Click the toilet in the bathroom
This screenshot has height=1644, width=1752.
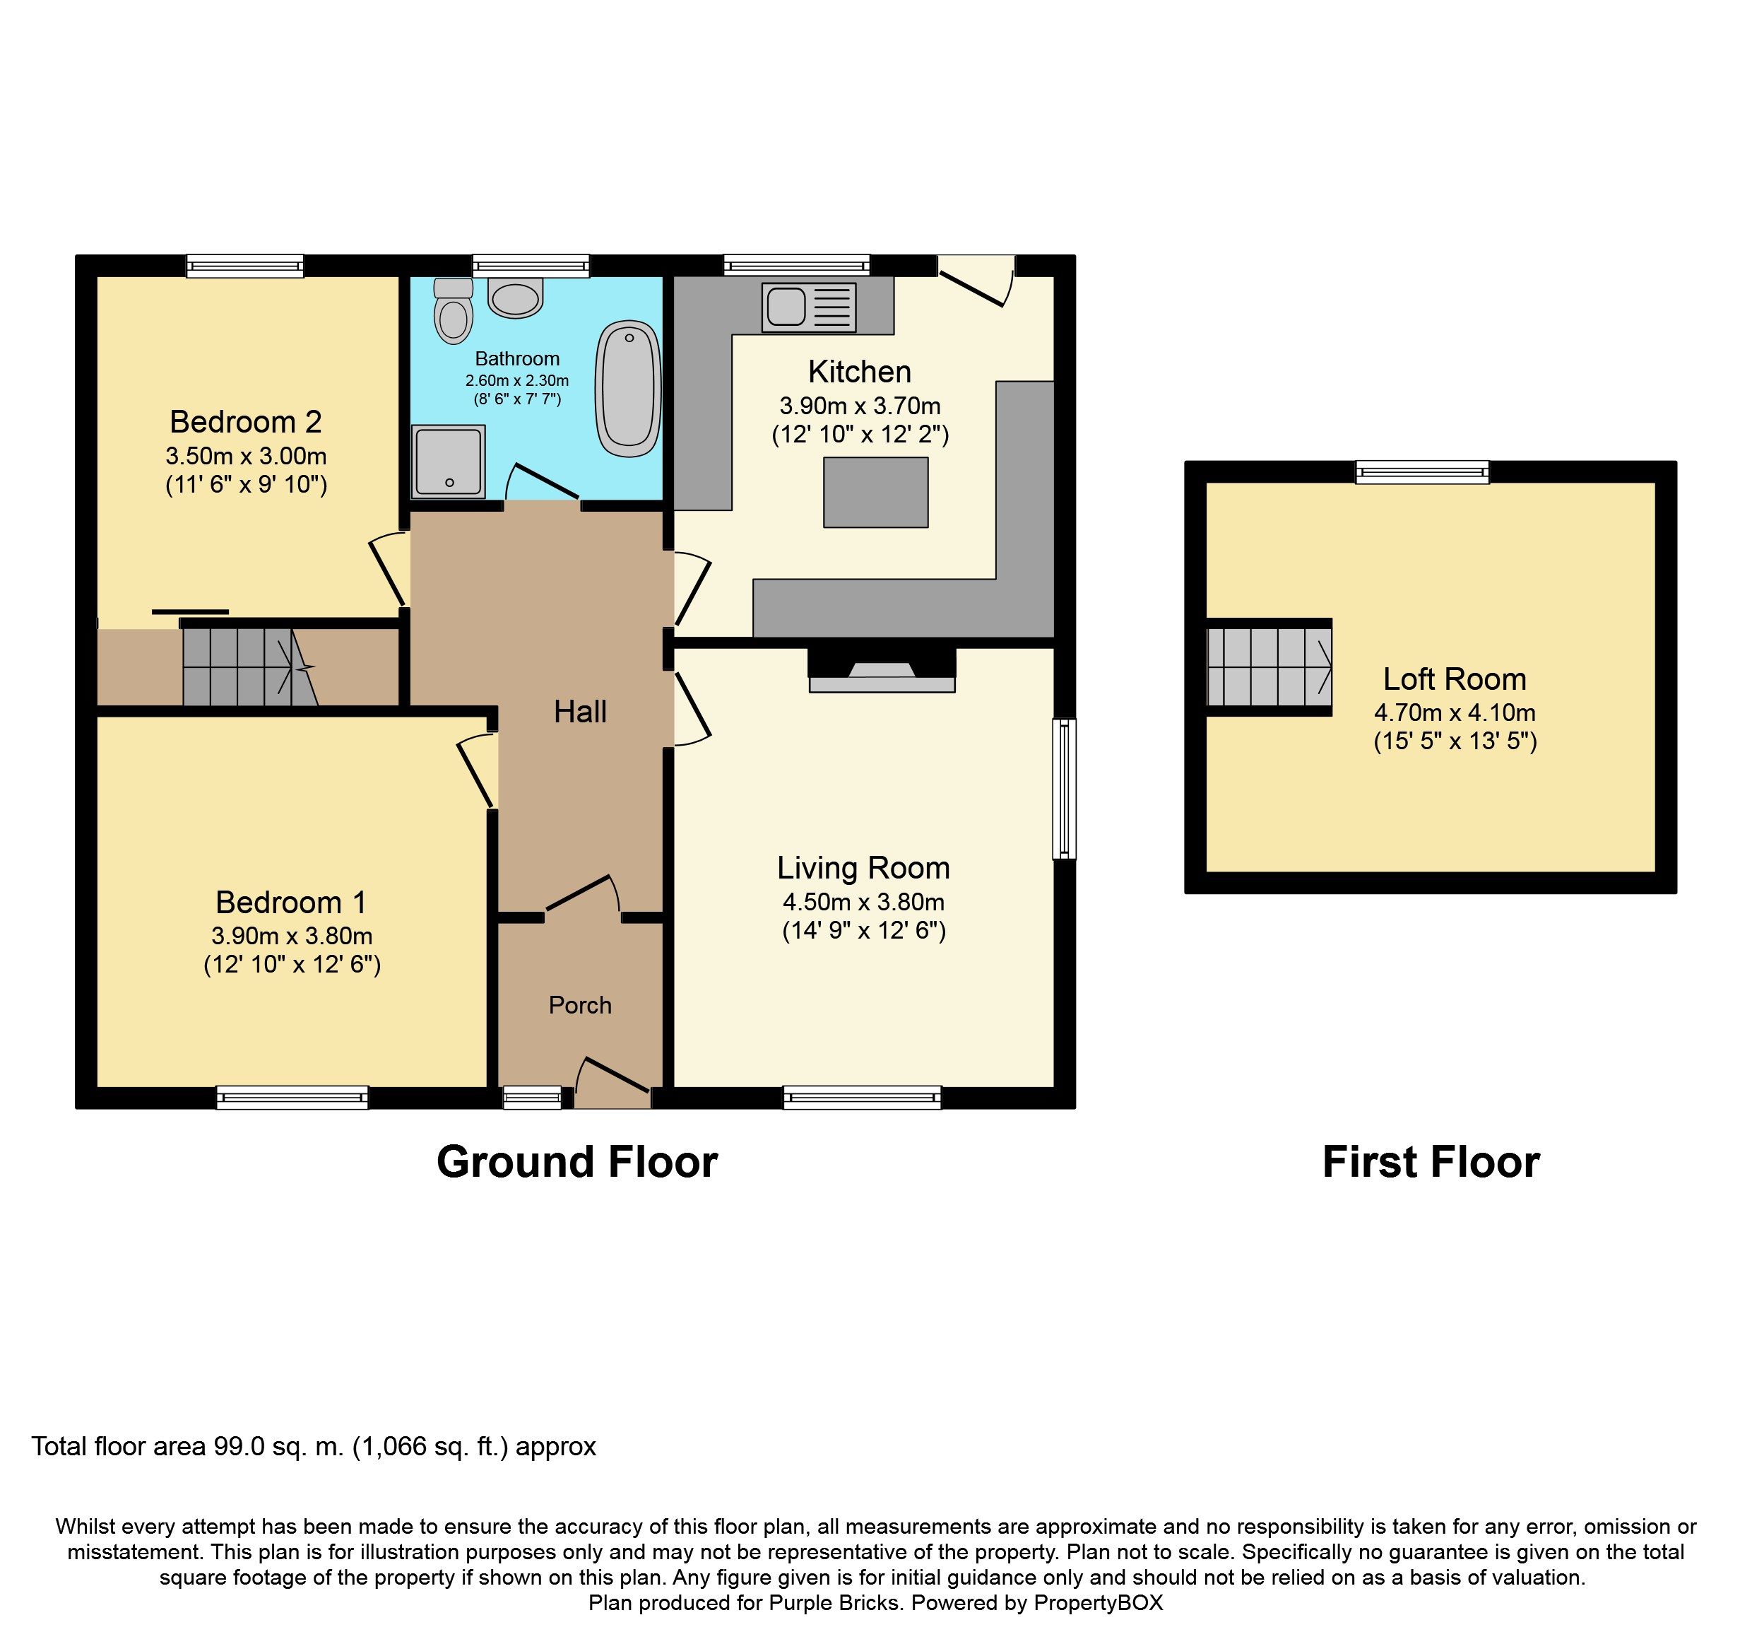(x=454, y=310)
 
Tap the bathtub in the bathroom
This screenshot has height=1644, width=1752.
(x=628, y=389)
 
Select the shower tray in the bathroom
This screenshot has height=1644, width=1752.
(x=448, y=460)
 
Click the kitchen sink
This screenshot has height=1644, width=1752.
(x=809, y=306)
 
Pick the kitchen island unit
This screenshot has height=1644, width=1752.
(x=876, y=492)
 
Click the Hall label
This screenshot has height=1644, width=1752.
(x=580, y=711)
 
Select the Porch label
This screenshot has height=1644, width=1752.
(x=580, y=1005)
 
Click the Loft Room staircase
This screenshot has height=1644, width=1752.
(x=1269, y=667)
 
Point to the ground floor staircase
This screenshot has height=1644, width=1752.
(x=250, y=667)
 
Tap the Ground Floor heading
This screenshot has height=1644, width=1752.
(x=577, y=1162)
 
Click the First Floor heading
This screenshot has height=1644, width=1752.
(x=1431, y=1162)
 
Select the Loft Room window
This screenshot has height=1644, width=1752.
(x=1422, y=472)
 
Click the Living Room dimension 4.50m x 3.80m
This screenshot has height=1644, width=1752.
(x=864, y=902)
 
